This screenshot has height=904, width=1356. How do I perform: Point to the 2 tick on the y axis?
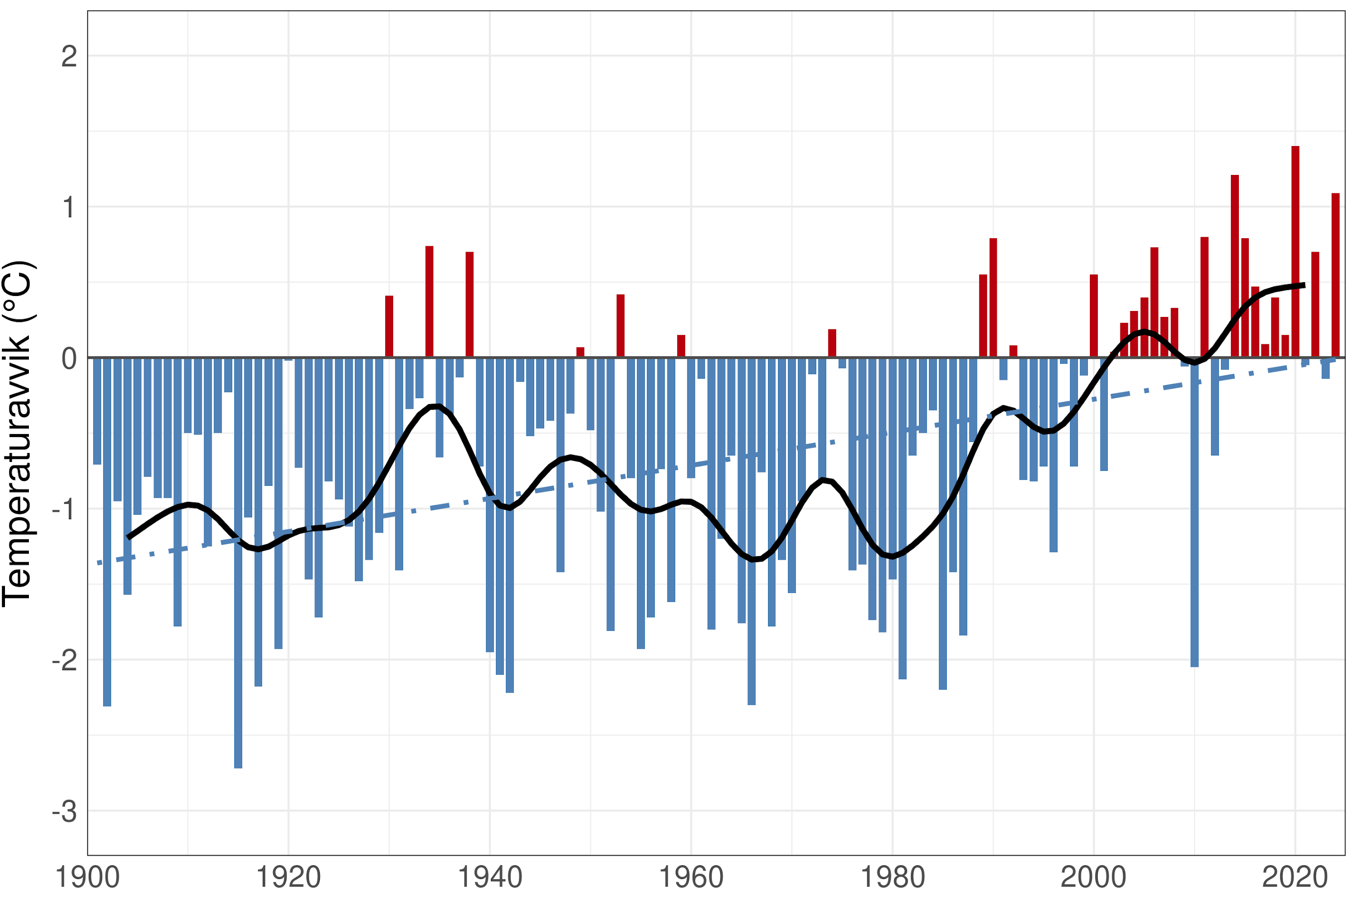(69, 56)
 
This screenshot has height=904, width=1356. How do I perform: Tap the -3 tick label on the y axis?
(65, 811)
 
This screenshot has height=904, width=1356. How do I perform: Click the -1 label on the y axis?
(65, 510)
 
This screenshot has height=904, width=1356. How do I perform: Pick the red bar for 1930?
(389, 326)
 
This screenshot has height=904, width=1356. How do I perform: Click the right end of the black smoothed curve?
(1304, 286)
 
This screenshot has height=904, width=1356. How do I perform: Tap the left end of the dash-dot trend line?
(99, 563)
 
